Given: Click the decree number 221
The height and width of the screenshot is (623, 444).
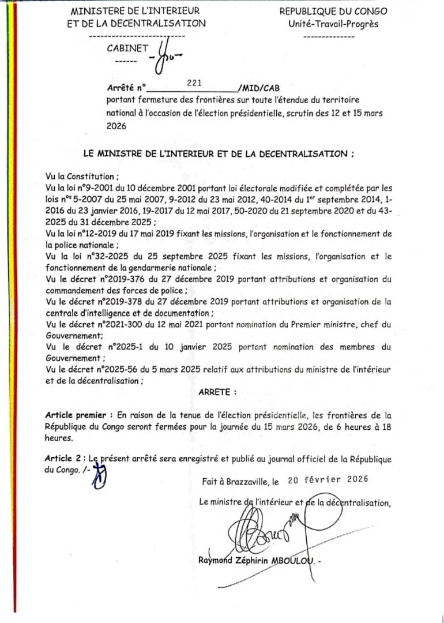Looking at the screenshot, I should point(194,83).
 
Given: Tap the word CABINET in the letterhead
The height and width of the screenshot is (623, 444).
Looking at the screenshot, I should point(127,48).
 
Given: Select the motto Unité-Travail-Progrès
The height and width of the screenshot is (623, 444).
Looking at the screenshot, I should point(333,24).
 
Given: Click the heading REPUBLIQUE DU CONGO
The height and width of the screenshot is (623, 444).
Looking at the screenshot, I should point(333,11).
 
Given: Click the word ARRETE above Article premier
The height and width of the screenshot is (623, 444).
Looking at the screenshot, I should point(217,392).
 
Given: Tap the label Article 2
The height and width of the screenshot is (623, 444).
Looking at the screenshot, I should point(62,459).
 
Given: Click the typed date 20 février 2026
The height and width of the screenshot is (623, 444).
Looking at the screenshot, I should point(328,479).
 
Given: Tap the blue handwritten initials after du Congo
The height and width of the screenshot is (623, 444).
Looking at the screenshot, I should point(100,476).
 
